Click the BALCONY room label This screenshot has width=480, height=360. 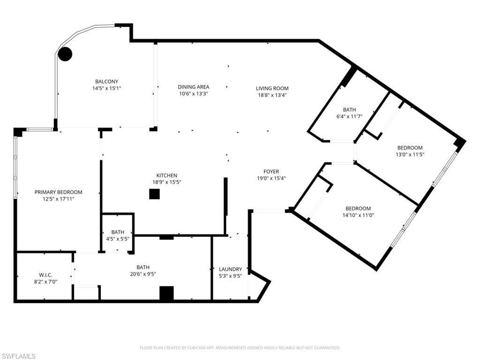click(x=106, y=82)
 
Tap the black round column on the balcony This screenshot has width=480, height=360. click(x=65, y=54)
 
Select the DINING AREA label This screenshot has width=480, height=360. click(x=193, y=87)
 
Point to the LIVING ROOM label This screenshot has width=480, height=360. click(x=272, y=88)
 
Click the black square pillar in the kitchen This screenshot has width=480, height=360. click(x=154, y=194)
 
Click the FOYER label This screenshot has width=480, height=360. click(x=271, y=172)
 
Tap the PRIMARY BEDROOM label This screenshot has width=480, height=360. click(x=59, y=192)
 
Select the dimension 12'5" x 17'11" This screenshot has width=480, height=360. click(x=59, y=199)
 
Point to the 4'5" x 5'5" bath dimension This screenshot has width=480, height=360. click(x=118, y=239)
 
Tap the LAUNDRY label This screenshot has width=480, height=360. click(x=231, y=269)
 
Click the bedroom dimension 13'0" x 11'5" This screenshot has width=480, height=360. click(x=410, y=154)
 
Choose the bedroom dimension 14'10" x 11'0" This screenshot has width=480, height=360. click(x=358, y=215)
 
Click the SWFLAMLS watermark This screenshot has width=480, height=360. click(x=18, y=356)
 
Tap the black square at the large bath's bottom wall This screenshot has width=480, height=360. click(x=166, y=293)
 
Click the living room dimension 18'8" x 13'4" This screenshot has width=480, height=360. click(x=272, y=95)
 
